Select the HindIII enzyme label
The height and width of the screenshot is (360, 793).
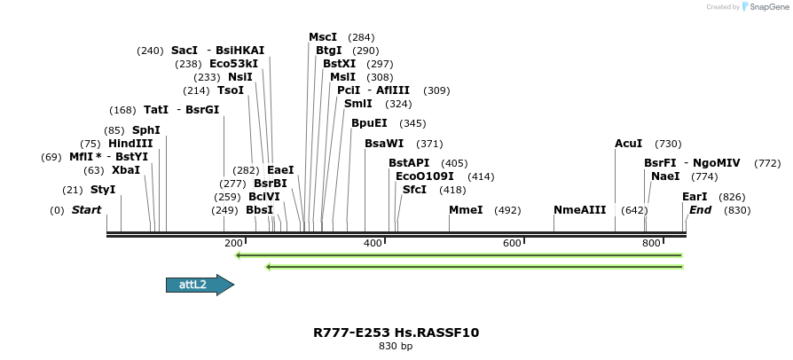coord(130,144)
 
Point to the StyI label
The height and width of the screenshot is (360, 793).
coord(103,190)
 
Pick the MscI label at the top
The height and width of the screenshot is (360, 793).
coord(323,37)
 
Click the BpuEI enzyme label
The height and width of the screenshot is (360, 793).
coord(369,123)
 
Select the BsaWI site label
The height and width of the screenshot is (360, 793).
coord(384,144)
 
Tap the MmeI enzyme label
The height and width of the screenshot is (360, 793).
coord(466,210)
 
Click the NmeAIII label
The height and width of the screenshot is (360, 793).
coord(579,210)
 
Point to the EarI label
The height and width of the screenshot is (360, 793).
coord(695,197)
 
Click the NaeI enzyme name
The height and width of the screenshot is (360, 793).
coord(664,176)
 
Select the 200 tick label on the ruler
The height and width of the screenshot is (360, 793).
coord(233,243)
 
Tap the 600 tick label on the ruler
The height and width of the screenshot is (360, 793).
coord(512,243)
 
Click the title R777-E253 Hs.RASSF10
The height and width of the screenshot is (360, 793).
coord(396,333)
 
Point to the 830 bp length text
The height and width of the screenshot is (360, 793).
coord(396,347)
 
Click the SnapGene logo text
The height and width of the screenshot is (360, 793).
coord(767,7)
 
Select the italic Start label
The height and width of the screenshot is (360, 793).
coord(87,210)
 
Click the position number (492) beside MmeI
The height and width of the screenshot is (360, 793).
coord(507,210)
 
